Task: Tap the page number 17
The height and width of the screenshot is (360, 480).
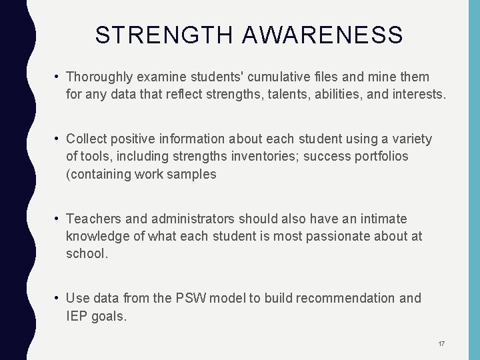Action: pos(441,343)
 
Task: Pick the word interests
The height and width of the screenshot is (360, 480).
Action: pos(415,95)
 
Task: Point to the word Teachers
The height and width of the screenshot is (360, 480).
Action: pos(93,219)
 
